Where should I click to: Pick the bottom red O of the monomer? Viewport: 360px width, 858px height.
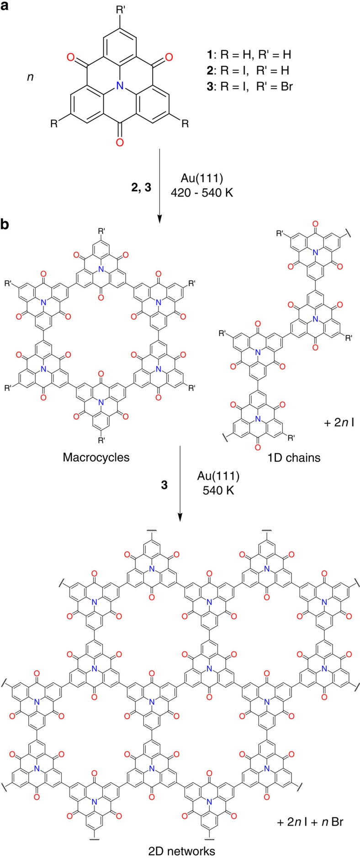point(120,142)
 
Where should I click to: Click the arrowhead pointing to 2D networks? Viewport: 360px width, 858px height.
point(180,517)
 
